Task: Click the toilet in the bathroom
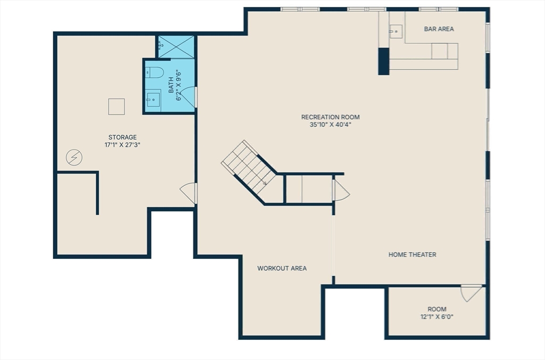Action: (154, 72)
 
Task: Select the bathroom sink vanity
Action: (153, 99)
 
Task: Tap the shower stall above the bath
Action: (176, 47)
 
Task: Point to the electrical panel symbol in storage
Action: (74, 157)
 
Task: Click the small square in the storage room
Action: (117, 107)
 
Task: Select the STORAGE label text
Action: (122, 137)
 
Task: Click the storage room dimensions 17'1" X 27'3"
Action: (122, 145)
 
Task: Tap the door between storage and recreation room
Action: (189, 193)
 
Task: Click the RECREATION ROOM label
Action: (331, 117)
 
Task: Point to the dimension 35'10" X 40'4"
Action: (331, 125)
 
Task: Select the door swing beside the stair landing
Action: (341, 191)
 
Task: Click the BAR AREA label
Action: (439, 29)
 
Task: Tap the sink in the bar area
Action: (395, 31)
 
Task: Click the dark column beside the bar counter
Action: (384, 61)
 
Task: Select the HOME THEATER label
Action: (412, 255)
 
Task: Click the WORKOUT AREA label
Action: (282, 268)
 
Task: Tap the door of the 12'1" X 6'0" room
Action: (471, 293)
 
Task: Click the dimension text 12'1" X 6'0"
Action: (437, 316)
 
